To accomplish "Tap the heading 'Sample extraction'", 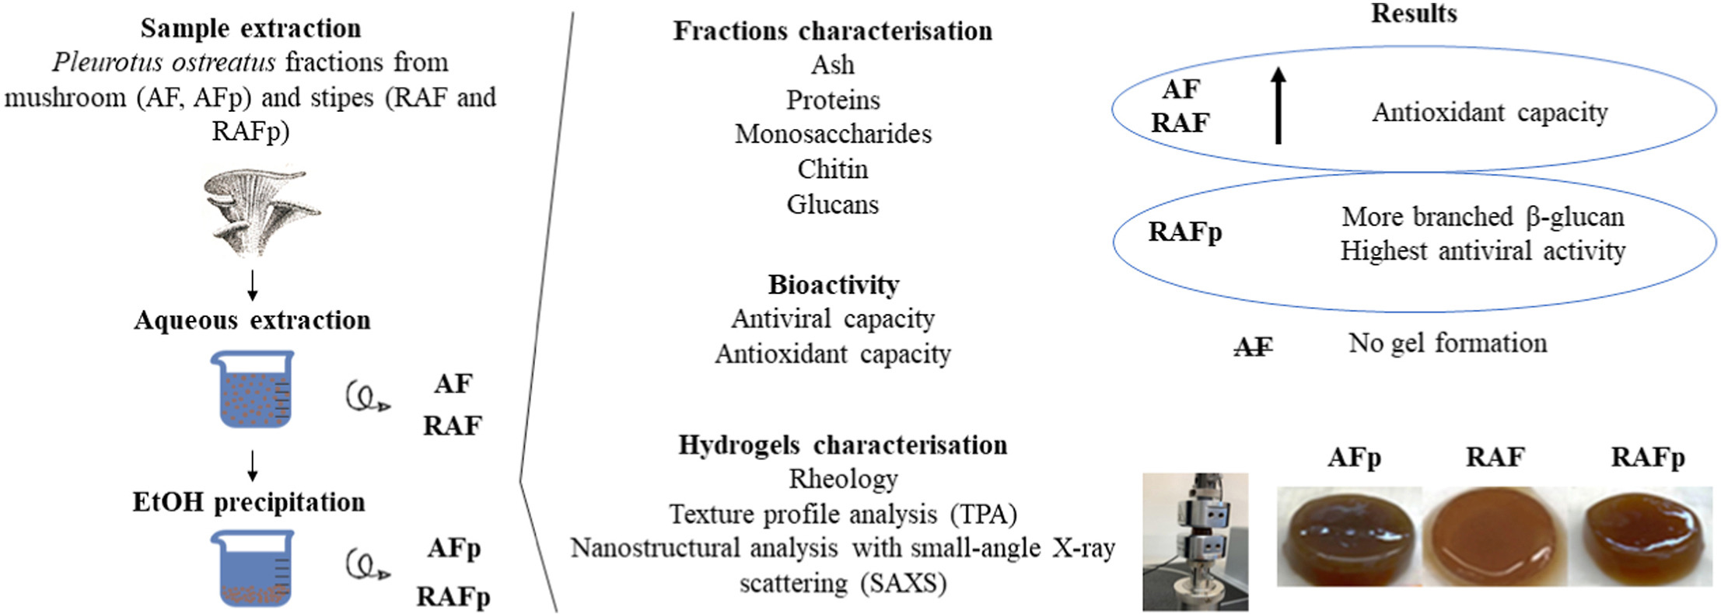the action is [x=250, y=29].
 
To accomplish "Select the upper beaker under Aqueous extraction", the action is [x=252, y=389].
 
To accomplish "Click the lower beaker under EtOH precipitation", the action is [x=252, y=567].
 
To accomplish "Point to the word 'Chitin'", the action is [x=833, y=169].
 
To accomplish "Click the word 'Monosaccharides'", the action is [x=833, y=134].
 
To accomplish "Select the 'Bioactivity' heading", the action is [x=834, y=284].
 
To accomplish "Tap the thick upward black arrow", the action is [x=1278, y=105].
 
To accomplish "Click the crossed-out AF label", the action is [x=1254, y=347].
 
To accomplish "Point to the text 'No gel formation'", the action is [x=1447, y=343].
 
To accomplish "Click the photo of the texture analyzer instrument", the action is [x=1195, y=541].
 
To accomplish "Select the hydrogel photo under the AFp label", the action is [x=1349, y=536].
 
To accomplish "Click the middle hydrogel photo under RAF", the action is [x=1495, y=536].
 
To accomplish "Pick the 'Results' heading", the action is [x=1414, y=13].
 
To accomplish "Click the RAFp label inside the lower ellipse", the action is [x=1185, y=232].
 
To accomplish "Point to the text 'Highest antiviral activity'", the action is [x=1482, y=251].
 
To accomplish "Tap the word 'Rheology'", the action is [x=843, y=480].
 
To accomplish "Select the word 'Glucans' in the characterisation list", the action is [x=833, y=204].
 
